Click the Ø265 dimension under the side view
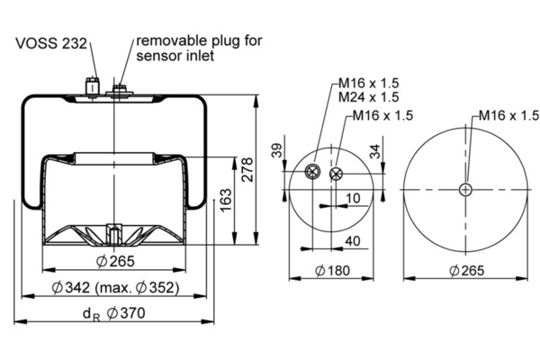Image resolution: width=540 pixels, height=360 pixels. tap(114, 263)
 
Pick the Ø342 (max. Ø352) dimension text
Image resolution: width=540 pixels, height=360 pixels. tap(115, 288)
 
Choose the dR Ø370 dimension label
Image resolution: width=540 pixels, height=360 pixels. tap(110, 312)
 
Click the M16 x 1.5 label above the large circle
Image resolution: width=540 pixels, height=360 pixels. tap(508, 115)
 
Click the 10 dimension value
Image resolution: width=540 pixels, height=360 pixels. tap(352, 197)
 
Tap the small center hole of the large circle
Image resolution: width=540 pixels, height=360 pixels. tap(464, 188)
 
